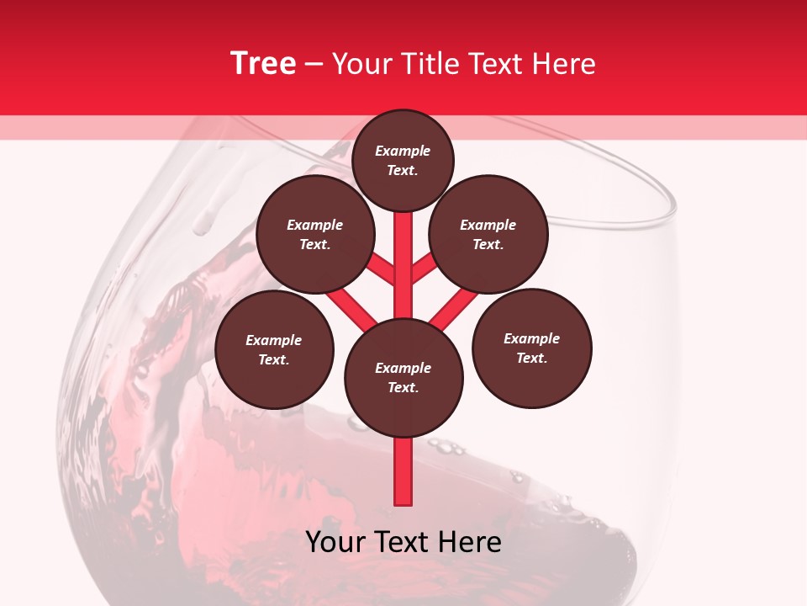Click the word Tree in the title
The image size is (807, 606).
(262, 63)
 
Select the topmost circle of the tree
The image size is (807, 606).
(403, 160)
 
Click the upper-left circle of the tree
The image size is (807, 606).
(315, 235)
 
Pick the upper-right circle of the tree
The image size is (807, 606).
(488, 235)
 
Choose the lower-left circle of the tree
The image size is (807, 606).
(274, 349)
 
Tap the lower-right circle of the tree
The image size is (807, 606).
(532, 348)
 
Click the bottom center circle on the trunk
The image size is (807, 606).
(403, 377)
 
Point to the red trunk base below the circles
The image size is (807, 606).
(403, 471)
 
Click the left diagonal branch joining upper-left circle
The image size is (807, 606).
(381, 270)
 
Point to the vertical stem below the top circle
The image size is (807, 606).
(403, 244)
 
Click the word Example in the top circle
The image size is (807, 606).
(403, 151)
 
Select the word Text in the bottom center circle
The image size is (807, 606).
(403, 388)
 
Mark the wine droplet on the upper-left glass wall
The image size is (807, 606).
(203, 223)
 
